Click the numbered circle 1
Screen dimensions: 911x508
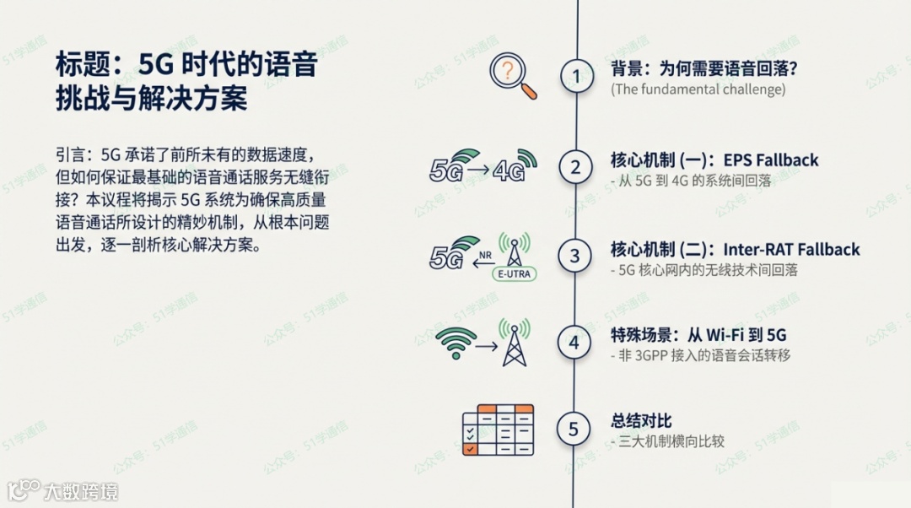click(x=577, y=77)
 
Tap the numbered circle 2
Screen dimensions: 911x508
click(x=576, y=167)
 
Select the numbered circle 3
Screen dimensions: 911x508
click(x=576, y=255)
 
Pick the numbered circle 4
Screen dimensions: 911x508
click(x=574, y=343)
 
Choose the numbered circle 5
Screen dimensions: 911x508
click(x=574, y=429)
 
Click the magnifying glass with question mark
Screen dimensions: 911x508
click(x=513, y=77)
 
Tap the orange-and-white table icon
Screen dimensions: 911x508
click(x=498, y=429)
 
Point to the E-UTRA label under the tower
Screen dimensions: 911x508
click(x=513, y=273)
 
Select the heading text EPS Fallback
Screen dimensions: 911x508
click(x=770, y=160)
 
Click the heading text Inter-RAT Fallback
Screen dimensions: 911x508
click(x=791, y=250)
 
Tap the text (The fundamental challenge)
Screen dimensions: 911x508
click(x=698, y=89)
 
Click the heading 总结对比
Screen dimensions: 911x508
click(x=641, y=422)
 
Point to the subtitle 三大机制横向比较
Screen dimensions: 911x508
click(x=671, y=441)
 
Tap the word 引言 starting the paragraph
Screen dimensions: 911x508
click(x=71, y=154)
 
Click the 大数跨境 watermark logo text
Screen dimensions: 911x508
click(x=81, y=491)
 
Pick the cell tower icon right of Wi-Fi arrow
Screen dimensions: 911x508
click(x=514, y=342)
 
